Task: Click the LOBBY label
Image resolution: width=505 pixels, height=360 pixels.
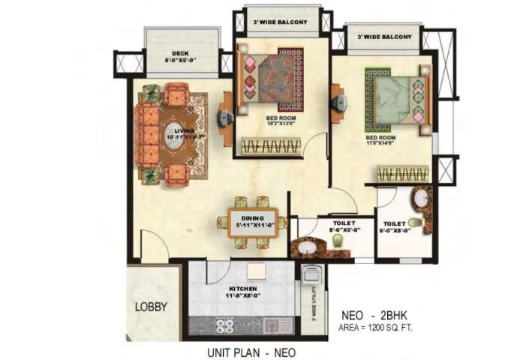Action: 151,306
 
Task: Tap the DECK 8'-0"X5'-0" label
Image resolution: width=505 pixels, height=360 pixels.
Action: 180,58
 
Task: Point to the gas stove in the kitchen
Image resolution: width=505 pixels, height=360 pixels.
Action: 224,325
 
